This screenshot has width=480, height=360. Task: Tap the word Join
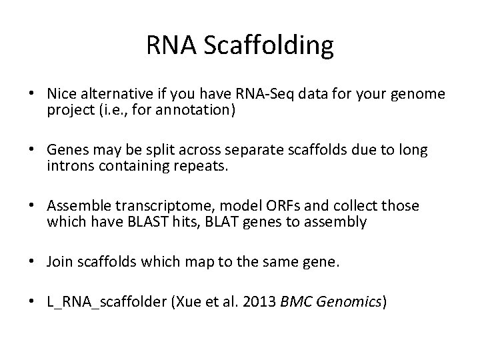coord(59,263)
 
